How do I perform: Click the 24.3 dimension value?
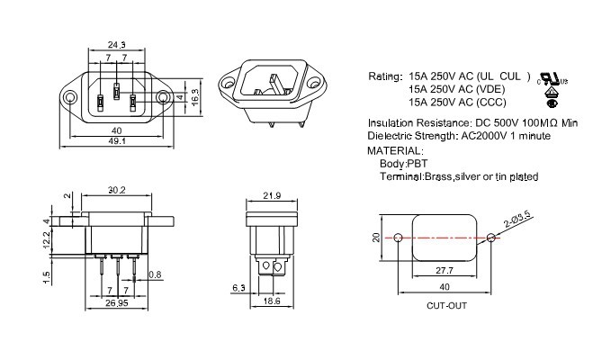(x=116, y=43)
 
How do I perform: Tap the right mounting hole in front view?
(x=162, y=96)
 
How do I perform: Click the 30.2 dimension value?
(x=116, y=190)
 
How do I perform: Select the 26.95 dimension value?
(x=116, y=303)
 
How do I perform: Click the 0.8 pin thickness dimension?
(x=155, y=274)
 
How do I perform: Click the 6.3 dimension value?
(x=238, y=287)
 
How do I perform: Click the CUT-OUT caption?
(x=446, y=305)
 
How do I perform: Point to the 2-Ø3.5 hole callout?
(x=518, y=219)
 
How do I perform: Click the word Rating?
(x=384, y=77)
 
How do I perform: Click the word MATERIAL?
(x=395, y=150)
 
